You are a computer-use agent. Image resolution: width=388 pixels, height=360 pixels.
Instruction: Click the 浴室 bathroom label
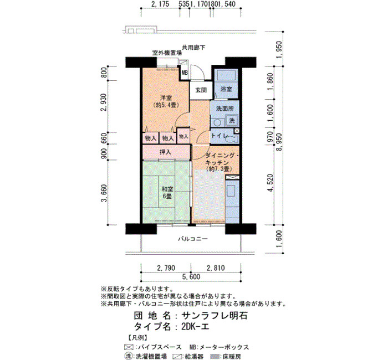click(x=226, y=89)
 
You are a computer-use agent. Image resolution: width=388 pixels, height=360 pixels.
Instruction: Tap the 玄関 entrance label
click(x=201, y=90)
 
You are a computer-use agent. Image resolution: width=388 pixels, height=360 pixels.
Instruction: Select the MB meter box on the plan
click(x=185, y=73)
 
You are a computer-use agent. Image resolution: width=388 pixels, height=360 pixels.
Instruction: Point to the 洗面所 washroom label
click(x=224, y=109)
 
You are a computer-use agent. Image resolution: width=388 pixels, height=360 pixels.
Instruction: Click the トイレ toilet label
click(x=219, y=136)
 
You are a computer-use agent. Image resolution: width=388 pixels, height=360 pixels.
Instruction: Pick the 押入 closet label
click(x=165, y=152)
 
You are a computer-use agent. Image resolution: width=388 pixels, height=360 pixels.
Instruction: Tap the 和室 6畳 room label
click(x=167, y=193)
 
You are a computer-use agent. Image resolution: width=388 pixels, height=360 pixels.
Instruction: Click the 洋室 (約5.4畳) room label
click(x=166, y=101)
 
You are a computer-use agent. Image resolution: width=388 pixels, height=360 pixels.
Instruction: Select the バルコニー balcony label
click(x=193, y=239)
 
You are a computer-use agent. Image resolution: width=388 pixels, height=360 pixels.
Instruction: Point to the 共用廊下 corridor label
click(x=193, y=47)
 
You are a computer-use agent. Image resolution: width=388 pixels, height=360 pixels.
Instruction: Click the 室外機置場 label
click(x=166, y=53)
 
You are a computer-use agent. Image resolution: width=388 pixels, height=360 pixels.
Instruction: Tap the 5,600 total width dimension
click(x=191, y=277)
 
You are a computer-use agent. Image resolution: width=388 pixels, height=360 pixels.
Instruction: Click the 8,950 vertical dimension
click(x=279, y=142)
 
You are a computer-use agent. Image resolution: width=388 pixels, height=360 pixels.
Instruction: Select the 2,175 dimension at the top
click(x=160, y=4)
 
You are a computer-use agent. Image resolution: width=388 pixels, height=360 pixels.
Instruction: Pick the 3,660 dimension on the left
click(x=104, y=193)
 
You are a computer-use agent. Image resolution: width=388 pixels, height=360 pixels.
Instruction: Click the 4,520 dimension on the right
click(x=271, y=183)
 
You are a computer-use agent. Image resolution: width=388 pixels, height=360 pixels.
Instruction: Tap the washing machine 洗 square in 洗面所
click(x=232, y=121)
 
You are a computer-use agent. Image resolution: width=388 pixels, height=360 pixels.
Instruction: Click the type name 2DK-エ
click(x=195, y=327)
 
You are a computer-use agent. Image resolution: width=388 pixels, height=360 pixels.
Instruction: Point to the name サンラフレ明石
click(x=215, y=316)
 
